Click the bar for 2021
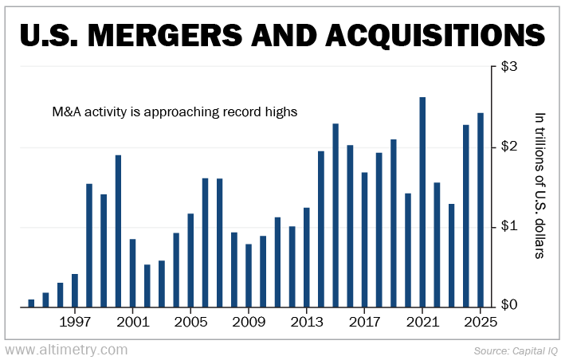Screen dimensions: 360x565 [422, 202]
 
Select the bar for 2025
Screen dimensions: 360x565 [480, 210]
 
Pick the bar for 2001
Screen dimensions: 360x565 [132, 273]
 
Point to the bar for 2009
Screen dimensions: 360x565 [249, 276]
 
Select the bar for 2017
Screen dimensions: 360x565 [364, 240]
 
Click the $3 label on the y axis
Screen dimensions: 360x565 [508, 67]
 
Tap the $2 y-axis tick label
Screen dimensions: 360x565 [508, 147]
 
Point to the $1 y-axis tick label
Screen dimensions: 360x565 [508, 227]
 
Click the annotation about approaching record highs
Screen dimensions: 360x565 [174, 112]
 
